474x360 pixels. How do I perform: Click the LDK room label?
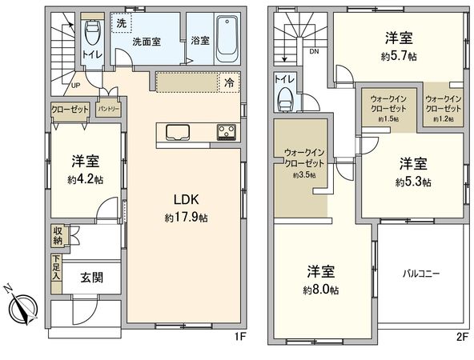tap(186, 200)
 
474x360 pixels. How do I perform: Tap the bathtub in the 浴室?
tap(227, 38)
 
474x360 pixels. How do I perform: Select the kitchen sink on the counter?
tap(178, 133)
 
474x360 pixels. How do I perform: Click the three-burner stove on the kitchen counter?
tap(226, 132)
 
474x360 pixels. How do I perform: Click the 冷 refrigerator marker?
tap(229, 82)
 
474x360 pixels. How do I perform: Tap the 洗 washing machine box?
tap(122, 23)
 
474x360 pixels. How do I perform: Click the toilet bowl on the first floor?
tap(93, 32)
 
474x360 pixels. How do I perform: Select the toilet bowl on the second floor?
tap(284, 100)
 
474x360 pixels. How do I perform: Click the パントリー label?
tap(109, 109)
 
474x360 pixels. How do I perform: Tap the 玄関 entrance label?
tap(92, 278)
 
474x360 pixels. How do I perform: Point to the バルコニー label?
tap(421, 274)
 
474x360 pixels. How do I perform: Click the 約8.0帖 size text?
tap(321, 290)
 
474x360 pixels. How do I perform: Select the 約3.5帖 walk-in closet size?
tap(304, 175)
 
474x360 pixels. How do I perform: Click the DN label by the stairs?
tap(314, 52)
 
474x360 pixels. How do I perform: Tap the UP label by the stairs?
tap(75, 86)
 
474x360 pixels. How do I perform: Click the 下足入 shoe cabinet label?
tap(57, 267)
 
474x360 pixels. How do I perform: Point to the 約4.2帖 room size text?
tap(86, 180)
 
